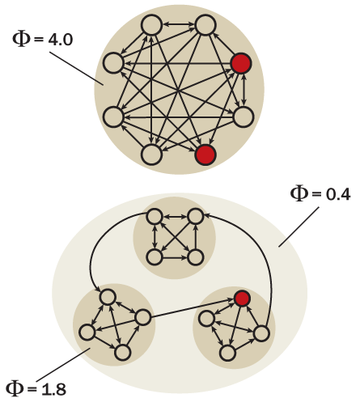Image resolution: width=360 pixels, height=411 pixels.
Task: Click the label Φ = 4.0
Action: point(43,40)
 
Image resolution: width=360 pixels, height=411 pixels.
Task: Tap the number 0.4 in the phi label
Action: point(338,194)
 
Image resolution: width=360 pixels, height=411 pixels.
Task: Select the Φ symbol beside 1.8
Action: point(15,388)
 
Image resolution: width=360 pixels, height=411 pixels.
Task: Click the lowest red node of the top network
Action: point(205,155)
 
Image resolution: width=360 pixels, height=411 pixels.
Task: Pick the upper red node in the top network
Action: point(241,63)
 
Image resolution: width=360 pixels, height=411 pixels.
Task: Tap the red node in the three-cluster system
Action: point(242,299)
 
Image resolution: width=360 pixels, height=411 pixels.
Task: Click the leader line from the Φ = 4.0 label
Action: point(76,68)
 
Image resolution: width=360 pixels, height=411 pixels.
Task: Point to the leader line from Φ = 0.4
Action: point(299,227)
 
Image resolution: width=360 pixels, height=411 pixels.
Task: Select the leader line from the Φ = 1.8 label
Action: point(63,365)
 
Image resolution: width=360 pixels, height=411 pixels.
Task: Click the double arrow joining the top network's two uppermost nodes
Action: point(179,24)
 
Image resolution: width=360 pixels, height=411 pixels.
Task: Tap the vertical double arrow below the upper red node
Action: point(244,90)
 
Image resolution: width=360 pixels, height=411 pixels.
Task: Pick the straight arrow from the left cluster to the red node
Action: point(192,308)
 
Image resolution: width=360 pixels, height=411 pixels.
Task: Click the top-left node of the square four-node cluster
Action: point(155,216)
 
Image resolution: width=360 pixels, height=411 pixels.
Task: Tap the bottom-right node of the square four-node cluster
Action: point(195,257)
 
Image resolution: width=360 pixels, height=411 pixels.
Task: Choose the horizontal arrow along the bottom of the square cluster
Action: point(175,257)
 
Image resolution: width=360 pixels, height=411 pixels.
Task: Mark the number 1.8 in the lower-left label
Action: point(54,390)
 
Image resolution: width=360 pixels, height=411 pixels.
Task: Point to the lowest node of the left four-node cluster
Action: point(123,352)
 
